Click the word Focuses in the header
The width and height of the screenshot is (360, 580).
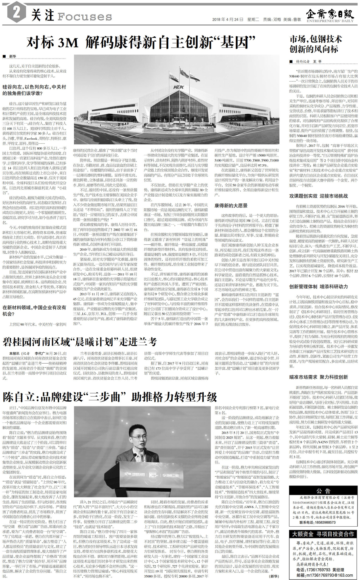tap(84, 17)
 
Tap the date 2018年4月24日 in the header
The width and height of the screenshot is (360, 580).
tap(228, 19)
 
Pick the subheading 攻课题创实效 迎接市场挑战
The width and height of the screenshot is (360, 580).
tap(318, 196)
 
